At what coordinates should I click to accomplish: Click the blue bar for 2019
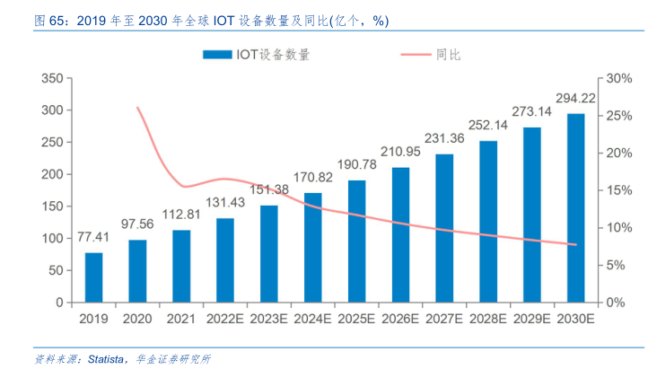[x=93, y=277]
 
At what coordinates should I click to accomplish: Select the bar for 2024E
[x=312, y=248]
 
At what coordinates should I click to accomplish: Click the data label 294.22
[x=575, y=99]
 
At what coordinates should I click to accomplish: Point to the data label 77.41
[x=93, y=238]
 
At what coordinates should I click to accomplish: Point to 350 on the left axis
[x=51, y=79]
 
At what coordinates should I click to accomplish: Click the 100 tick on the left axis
[x=51, y=239]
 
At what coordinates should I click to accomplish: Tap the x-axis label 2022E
[x=224, y=320]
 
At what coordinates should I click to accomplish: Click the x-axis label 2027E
[x=444, y=320]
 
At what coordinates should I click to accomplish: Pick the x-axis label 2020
[x=137, y=320]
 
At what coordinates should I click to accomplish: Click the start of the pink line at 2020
[x=137, y=108]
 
